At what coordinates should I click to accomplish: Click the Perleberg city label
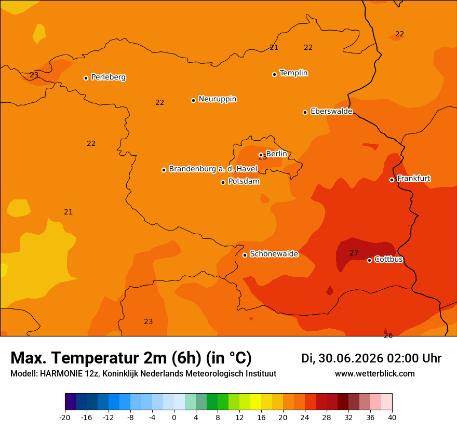pos(109,77)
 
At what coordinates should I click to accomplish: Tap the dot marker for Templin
pos(274,75)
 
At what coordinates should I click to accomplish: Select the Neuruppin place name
pos(218,99)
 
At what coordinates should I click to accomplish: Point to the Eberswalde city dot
pos(305,113)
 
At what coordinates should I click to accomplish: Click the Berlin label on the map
pos(277,154)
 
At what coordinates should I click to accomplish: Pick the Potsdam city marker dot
pos(223,182)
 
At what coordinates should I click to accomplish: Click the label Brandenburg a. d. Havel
pos(213,169)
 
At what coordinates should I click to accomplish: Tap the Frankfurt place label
pos(414,178)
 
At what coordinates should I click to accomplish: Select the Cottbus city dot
pos(369,260)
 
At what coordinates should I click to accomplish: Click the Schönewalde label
pos(274,254)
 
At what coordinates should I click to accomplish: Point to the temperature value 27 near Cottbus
pos(354,253)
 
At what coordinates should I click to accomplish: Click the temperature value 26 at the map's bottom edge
pos(388,335)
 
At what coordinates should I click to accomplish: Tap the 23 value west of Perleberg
pos(34,75)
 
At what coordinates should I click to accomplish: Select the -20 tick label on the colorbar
pos(65,417)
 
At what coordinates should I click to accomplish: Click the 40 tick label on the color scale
pos(392,417)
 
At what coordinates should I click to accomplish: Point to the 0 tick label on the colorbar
pos(174,417)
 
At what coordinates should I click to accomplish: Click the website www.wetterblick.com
pos(375,373)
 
